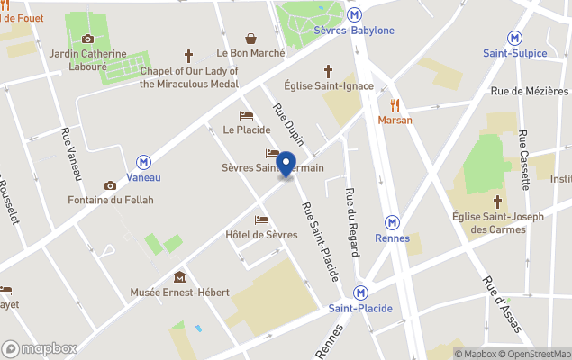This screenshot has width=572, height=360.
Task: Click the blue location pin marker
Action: pyautogui.click(x=286, y=165)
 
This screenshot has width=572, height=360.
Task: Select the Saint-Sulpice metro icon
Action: pyautogui.click(x=514, y=38)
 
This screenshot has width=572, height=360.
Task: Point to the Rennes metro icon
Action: pyautogui.click(x=392, y=222)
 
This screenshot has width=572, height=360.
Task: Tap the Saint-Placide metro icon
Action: pyautogui.click(x=360, y=292)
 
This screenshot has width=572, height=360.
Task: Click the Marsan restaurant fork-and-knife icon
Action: pyautogui.click(x=395, y=104)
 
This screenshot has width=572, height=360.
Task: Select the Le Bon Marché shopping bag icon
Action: pyautogui.click(x=250, y=38)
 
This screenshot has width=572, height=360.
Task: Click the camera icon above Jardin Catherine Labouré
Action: pyautogui.click(x=87, y=39)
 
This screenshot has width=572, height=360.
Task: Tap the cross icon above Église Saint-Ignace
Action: pyautogui.click(x=328, y=70)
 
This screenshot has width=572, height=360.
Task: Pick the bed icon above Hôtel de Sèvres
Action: pyautogui.click(x=261, y=220)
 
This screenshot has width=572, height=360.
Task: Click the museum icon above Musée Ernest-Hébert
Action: pyautogui.click(x=179, y=276)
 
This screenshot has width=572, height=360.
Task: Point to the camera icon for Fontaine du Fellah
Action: pyautogui.click(x=110, y=185)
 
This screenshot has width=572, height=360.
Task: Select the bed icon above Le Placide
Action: pyautogui.click(x=246, y=115)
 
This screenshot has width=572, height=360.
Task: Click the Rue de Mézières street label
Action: pyautogui.click(x=529, y=91)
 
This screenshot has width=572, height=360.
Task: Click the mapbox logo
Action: pyautogui.click(x=40, y=348)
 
